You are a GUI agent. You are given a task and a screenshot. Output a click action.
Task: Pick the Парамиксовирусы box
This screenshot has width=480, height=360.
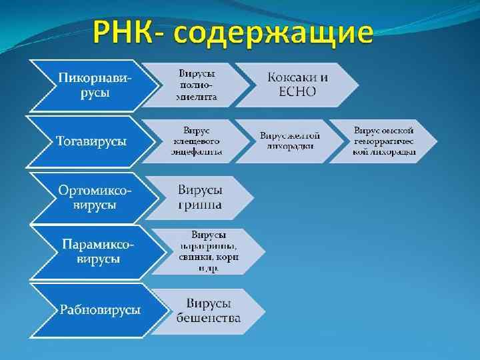click(97, 251)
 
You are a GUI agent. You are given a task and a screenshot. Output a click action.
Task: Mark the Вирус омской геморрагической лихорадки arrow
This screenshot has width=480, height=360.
click(385, 141)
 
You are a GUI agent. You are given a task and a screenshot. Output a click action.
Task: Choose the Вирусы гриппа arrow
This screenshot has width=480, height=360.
click(200, 197)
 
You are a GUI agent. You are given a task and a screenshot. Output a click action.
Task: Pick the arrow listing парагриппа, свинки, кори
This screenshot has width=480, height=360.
click(209, 251)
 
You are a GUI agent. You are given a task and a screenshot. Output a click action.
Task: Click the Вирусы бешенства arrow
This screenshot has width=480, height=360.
click(208, 310)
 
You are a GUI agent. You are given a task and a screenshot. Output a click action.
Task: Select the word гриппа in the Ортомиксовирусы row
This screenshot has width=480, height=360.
click(200, 204)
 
